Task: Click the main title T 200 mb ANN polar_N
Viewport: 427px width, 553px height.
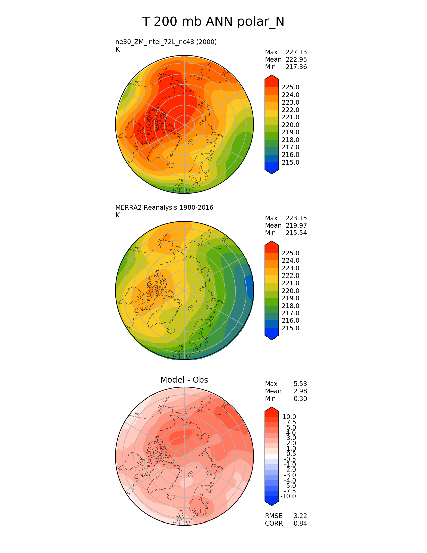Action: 213,22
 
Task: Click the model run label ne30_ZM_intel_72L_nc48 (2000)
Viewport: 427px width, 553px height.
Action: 166,42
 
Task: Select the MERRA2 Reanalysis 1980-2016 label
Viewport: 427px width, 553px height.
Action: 164,207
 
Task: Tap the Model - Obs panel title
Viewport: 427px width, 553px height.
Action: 184,380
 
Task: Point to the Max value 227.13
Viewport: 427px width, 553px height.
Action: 296,52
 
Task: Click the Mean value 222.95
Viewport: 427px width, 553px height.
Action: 296,60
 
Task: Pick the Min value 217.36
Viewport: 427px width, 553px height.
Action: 296,67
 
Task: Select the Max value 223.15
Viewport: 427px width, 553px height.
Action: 296,218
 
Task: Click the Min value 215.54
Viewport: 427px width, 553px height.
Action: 296,233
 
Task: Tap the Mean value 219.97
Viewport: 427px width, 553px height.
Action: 296,226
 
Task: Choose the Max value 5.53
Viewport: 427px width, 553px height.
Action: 300,384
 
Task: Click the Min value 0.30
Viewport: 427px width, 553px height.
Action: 300,398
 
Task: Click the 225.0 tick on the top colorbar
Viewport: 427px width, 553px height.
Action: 290,87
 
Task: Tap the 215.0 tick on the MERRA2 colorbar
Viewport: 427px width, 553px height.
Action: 290,328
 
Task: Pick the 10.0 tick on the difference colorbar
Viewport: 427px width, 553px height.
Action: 289,417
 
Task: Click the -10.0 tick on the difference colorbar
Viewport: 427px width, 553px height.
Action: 288,496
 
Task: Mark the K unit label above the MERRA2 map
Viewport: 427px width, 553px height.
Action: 117,215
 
